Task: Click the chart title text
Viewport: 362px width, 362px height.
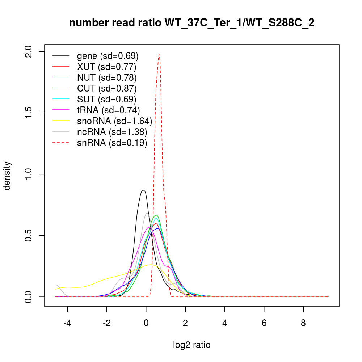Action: (191, 23)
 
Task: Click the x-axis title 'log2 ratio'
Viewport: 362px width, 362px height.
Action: (191, 345)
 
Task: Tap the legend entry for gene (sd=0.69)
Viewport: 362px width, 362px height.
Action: (108, 56)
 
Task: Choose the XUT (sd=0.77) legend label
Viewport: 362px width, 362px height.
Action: (106, 67)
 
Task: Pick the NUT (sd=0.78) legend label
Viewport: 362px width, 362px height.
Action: (107, 78)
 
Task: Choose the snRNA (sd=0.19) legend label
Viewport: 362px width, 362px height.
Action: (112, 143)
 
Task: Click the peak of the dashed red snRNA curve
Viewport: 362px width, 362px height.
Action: (159, 54)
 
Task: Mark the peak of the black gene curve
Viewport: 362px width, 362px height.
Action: (143, 190)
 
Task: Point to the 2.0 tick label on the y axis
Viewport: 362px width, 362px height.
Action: (29, 51)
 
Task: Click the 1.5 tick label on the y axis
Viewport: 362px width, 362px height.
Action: (29, 113)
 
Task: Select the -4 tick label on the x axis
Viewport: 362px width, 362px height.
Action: (67, 323)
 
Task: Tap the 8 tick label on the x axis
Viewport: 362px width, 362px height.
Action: (303, 323)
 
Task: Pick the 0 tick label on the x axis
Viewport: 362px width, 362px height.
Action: (146, 323)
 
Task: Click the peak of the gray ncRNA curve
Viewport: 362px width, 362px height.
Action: (147, 213)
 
